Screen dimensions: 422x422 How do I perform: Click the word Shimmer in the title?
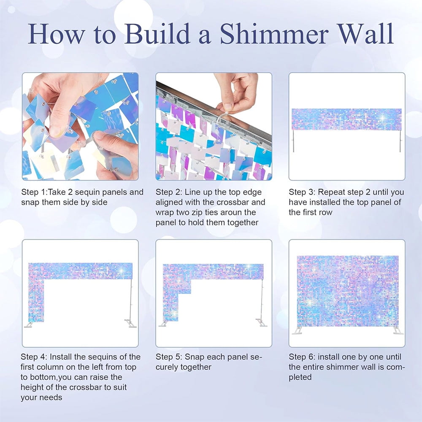(274, 34)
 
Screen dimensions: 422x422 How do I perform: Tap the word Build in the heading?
(157, 34)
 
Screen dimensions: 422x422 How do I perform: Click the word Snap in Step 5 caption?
(194, 357)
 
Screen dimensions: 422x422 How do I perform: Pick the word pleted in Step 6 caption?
(300, 377)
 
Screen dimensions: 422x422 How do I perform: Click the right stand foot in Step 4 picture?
(131, 324)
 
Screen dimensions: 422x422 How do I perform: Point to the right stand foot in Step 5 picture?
(262, 322)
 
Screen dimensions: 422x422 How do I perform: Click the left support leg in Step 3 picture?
(293, 141)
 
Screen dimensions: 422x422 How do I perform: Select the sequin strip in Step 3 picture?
(346, 119)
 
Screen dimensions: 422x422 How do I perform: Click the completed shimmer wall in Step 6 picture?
(347, 291)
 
